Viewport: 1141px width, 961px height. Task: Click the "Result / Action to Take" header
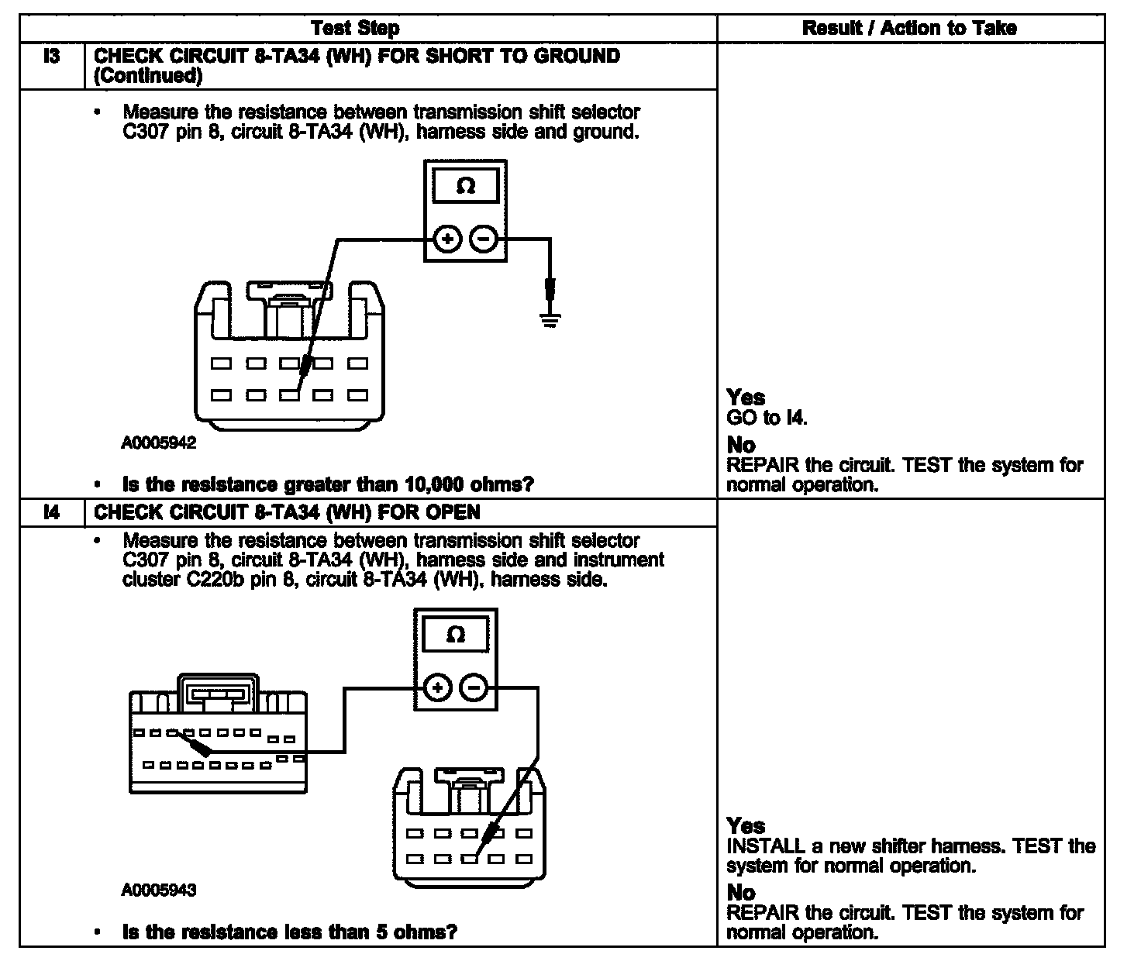(909, 29)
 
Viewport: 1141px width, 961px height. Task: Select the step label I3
(51, 57)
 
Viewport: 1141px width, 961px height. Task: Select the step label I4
(51, 512)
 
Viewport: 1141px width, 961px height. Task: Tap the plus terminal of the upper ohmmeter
(446, 239)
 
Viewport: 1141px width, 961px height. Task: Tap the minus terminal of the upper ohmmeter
(484, 239)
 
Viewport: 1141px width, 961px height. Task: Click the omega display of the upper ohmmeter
(465, 187)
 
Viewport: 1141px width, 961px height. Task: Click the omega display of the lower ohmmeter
(456, 635)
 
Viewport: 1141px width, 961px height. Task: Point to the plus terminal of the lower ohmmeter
(438, 687)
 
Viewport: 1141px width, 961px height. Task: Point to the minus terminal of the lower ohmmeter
(474, 687)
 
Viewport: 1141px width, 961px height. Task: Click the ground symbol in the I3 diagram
(550, 320)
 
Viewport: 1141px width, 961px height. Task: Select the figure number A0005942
(159, 443)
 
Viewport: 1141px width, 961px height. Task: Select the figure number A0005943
(159, 890)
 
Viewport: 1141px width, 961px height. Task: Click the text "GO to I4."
(767, 418)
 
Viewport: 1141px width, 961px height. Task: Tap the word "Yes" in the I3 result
(746, 398)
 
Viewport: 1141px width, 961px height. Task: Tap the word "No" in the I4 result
(741, 893)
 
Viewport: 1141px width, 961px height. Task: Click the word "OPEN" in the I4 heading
(451, 512)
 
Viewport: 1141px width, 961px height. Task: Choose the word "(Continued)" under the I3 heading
(148, 76)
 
